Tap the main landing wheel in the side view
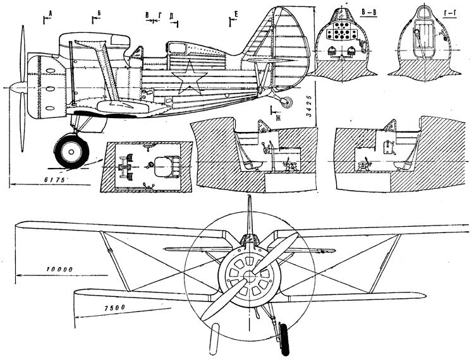71,152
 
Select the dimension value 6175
54,180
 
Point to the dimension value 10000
60,270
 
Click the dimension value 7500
114,308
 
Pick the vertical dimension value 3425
308,109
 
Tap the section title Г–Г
449,15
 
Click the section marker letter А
51,13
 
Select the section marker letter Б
99,13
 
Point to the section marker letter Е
236,14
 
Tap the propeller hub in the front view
250,275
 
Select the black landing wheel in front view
284,340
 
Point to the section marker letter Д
171,16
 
